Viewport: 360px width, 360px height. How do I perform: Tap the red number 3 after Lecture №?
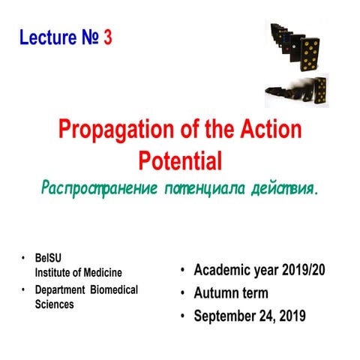pos(108,37)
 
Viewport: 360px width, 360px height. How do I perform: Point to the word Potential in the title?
pos(180,160)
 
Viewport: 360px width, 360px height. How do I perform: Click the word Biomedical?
pos(109,290)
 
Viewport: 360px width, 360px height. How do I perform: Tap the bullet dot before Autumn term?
pos(181,294)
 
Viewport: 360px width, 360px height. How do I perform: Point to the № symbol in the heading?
pos(88,37)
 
